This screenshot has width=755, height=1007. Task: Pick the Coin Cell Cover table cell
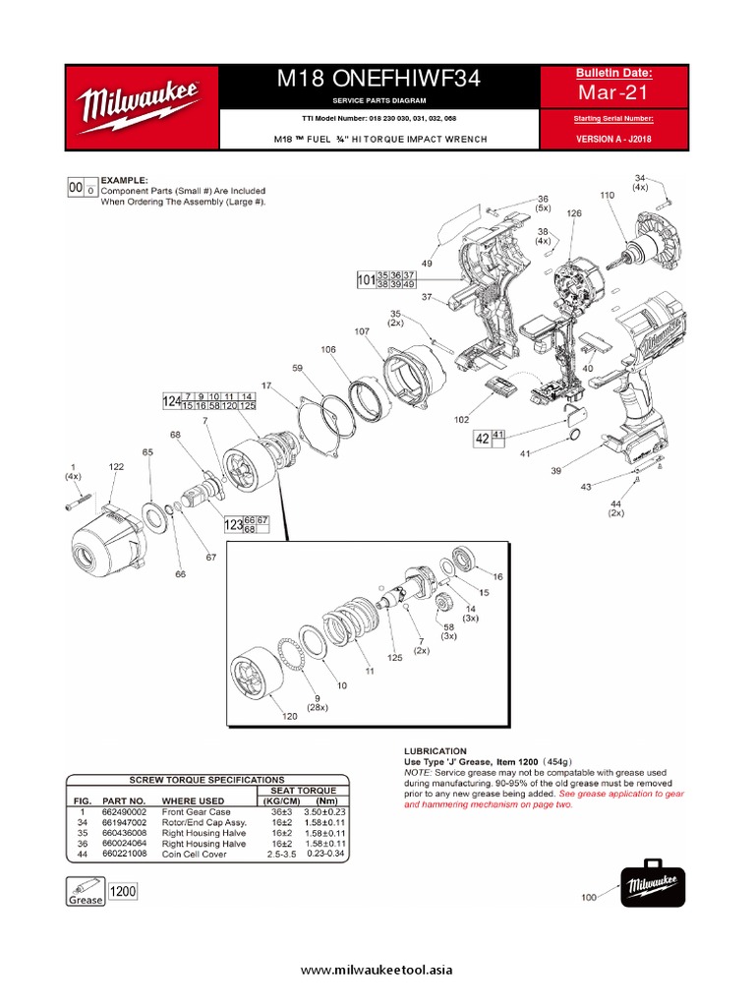point(195,855)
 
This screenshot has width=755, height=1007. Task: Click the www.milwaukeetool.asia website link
point(377,971)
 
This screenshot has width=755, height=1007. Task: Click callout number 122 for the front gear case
point(116,466)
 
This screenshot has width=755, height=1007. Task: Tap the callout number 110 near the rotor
point(607,196)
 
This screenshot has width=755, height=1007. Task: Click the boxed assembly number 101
point(366,280)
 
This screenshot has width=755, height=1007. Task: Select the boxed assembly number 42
point(482,439)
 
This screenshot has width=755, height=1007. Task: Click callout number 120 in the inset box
point(289,716)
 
